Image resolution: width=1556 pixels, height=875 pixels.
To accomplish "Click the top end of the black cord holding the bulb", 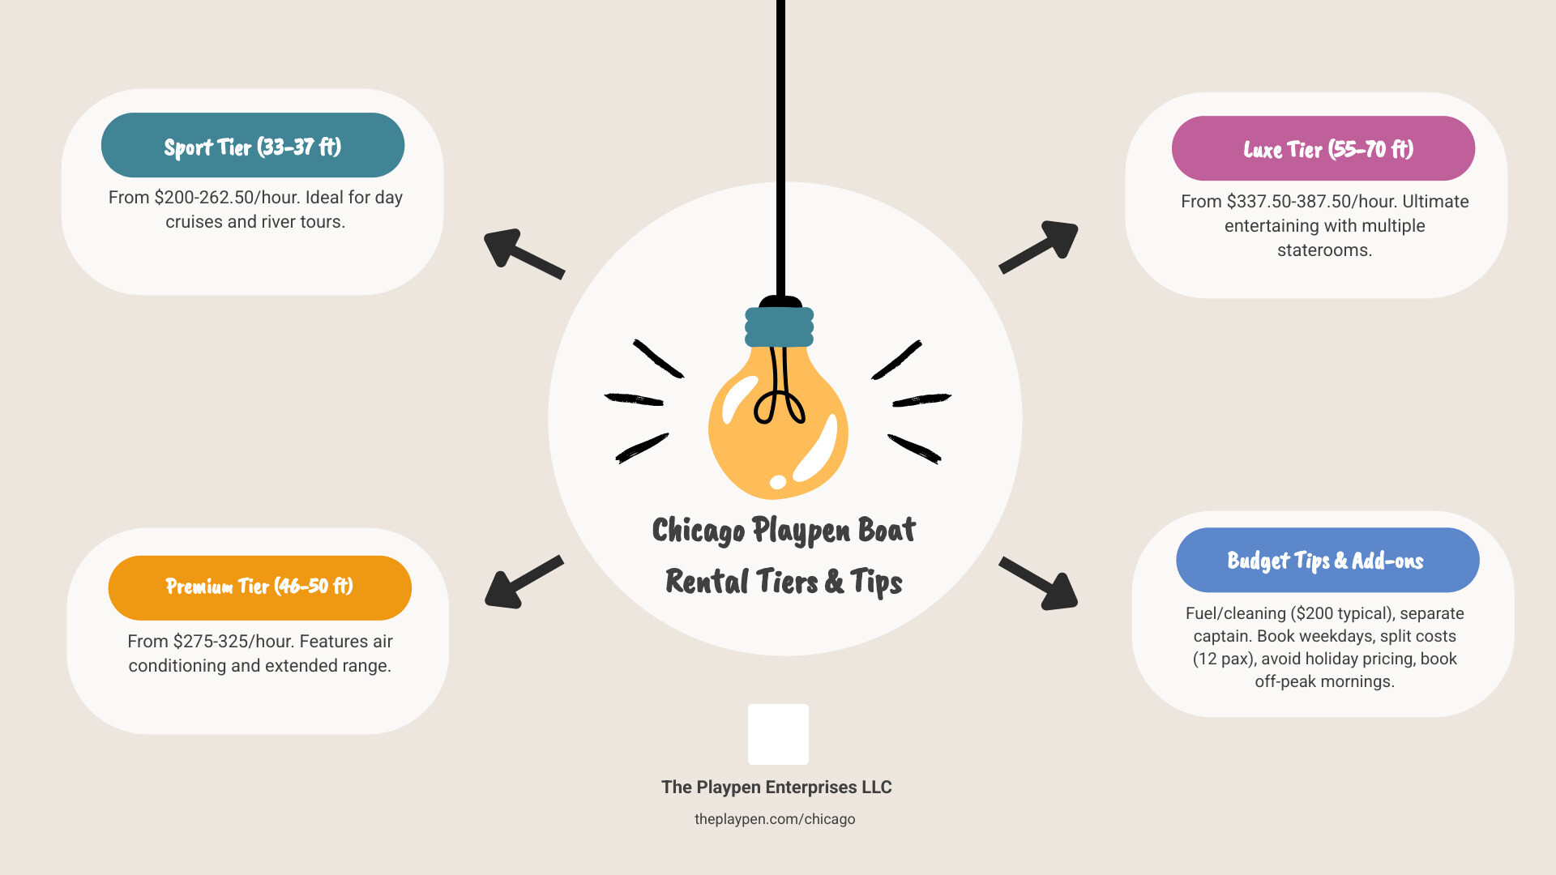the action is coord(780,2).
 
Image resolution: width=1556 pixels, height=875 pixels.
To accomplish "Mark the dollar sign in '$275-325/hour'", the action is coord(177,642).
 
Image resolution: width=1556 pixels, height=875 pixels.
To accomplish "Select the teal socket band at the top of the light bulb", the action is coord(779,327).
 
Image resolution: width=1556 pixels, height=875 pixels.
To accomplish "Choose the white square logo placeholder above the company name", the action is coord(778,734).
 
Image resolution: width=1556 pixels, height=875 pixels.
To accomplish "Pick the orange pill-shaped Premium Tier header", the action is coord(260,587).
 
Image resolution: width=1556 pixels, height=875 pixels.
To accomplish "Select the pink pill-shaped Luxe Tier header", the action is coord(1323,148).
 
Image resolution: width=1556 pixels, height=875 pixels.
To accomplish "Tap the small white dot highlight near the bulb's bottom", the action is coord(778,482).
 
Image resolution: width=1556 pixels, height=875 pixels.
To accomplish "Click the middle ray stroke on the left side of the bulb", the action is coord(634,399).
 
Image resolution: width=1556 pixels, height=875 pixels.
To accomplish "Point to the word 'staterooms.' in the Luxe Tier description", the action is coord(1324,250).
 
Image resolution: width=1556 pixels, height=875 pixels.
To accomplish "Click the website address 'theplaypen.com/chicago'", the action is coord(775,819).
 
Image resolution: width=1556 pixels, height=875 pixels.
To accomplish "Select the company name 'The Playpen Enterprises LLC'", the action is coord(776,787).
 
